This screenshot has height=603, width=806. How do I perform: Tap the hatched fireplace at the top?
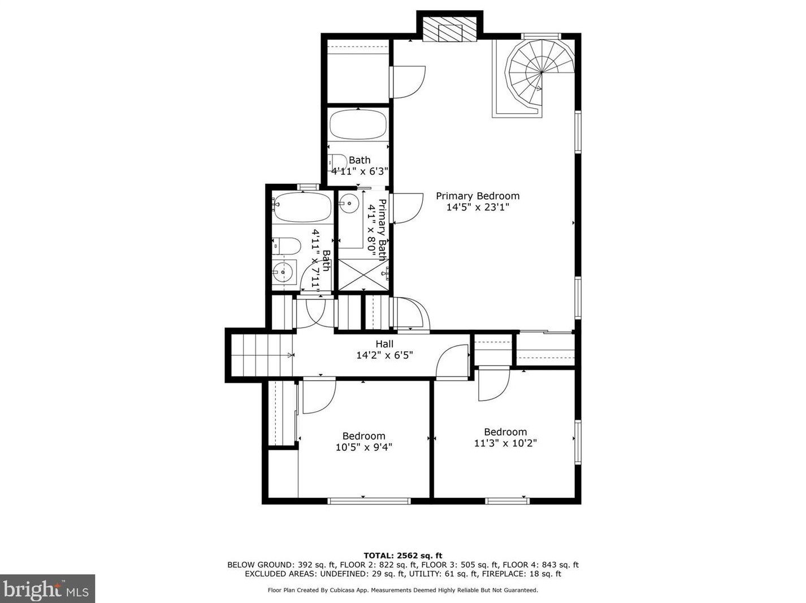[x=450, y=32]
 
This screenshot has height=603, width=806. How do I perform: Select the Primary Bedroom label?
[x=478, y=196]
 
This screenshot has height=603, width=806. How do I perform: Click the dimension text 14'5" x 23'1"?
[x=478, y=208]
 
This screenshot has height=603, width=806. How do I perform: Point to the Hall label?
[x=384, y=344]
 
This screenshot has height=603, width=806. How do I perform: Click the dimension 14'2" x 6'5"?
[x=384, y=355]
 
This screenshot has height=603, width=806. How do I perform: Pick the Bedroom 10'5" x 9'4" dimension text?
[x=363, y=447]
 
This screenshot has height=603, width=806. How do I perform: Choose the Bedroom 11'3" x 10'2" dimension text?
[x=505, y=443]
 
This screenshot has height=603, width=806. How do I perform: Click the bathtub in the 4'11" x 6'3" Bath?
[x=358, y=124]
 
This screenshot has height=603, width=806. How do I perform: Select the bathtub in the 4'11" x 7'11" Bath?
[x=302, y=207]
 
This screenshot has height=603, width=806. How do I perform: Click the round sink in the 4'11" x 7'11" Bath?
[x=282, y=273]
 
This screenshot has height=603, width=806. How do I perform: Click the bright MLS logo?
[x=47, y=589]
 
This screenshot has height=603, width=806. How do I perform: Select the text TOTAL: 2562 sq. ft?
[x=402, y=555]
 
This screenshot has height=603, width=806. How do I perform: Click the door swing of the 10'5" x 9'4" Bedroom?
[x=318, y=397]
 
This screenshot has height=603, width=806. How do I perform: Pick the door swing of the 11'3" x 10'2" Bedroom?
[x=493, y=386]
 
